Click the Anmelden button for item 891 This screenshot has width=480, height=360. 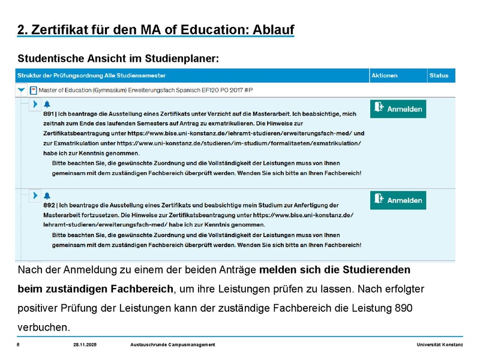pos(398,109)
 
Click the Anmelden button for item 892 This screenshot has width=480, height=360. pos(398,200)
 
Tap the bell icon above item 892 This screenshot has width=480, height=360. pos(47,196)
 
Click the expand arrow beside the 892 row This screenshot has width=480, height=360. pos(35,196)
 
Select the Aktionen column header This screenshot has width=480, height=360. pos(384,76)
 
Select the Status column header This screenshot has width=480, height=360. pos(439,76)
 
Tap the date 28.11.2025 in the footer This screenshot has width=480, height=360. pos(85,344)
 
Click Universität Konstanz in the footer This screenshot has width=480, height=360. pos(439,344)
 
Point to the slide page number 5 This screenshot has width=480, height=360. pos(19,344)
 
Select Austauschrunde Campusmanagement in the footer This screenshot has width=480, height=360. pos(173,344)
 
